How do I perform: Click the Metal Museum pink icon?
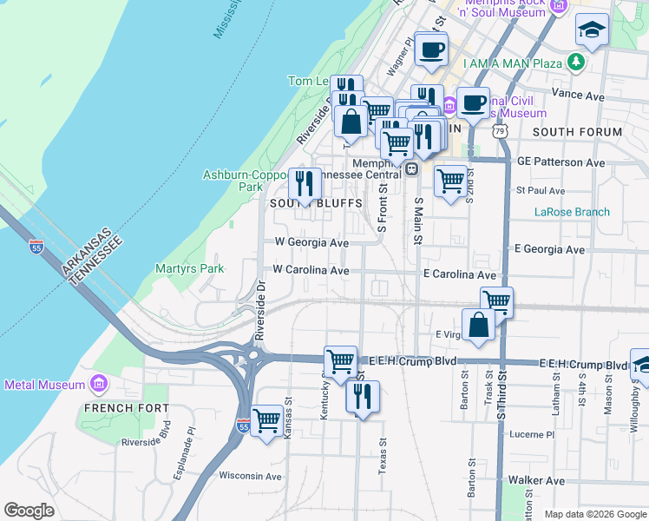coord(98,384)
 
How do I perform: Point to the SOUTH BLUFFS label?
coord(303,203)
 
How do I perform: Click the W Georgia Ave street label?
coord(311,243)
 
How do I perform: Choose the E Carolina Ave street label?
coord(459,274)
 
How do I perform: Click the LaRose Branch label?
coord(572,212)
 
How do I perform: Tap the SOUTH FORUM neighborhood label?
coord(577,132)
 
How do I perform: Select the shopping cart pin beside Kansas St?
coord(267,420)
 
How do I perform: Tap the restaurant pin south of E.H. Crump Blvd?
coord(362,396)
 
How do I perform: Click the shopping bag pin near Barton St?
coord(478,324)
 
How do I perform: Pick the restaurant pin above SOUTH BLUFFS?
coord(305,182)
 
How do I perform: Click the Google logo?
coord(29,511)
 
